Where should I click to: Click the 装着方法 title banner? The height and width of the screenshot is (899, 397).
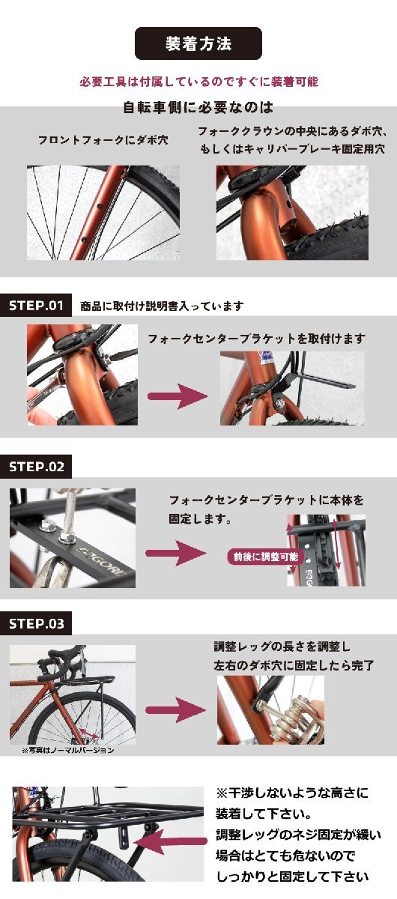coord(198,43)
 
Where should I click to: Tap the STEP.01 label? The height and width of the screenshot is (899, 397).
coord(36,306)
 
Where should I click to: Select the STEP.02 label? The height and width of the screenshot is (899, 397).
coord(36,466)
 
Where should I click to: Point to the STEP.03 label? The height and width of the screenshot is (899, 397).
coord(36,623)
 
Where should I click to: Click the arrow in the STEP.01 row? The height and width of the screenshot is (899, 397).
coord(178,396)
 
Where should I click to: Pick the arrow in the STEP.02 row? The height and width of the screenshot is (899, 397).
coord(176,554)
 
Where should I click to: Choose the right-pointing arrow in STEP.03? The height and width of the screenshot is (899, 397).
coord(176,710)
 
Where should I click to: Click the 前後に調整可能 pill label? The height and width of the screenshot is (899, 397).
coord(266,557)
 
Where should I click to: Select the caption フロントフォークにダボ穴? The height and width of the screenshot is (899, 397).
coord(103,140)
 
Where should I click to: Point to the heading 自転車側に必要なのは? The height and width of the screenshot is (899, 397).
coord(198,107)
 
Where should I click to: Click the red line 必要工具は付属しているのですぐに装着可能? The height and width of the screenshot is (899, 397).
coord(198,82)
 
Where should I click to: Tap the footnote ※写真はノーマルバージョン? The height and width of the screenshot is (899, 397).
coord(68,750)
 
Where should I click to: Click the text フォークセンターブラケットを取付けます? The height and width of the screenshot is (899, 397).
coord(256,339)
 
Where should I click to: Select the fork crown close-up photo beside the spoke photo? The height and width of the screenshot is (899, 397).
coord(292,213)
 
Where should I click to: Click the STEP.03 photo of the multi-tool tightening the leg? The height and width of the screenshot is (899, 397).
coord(270,710)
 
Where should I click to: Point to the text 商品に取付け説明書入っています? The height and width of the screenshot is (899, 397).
coord(162,306)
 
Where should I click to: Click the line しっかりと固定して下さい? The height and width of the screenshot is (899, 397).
coord(293,877)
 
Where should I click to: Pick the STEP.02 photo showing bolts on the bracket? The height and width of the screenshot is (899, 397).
coord(73,538)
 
